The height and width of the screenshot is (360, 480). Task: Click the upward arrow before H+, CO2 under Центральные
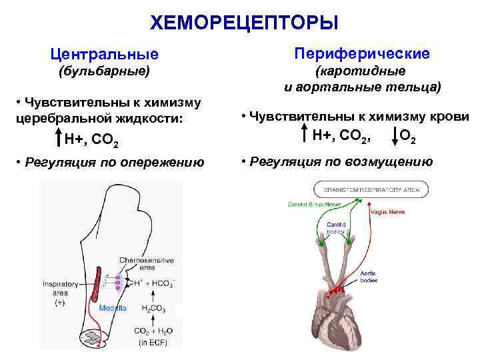[x=59, y=138]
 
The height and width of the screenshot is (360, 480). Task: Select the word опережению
[x=168, y=162]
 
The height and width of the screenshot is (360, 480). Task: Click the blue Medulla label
[x=113, y=308]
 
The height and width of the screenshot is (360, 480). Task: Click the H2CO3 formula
[x=153, y=308]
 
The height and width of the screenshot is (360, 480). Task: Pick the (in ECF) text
[x=153, y=344]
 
